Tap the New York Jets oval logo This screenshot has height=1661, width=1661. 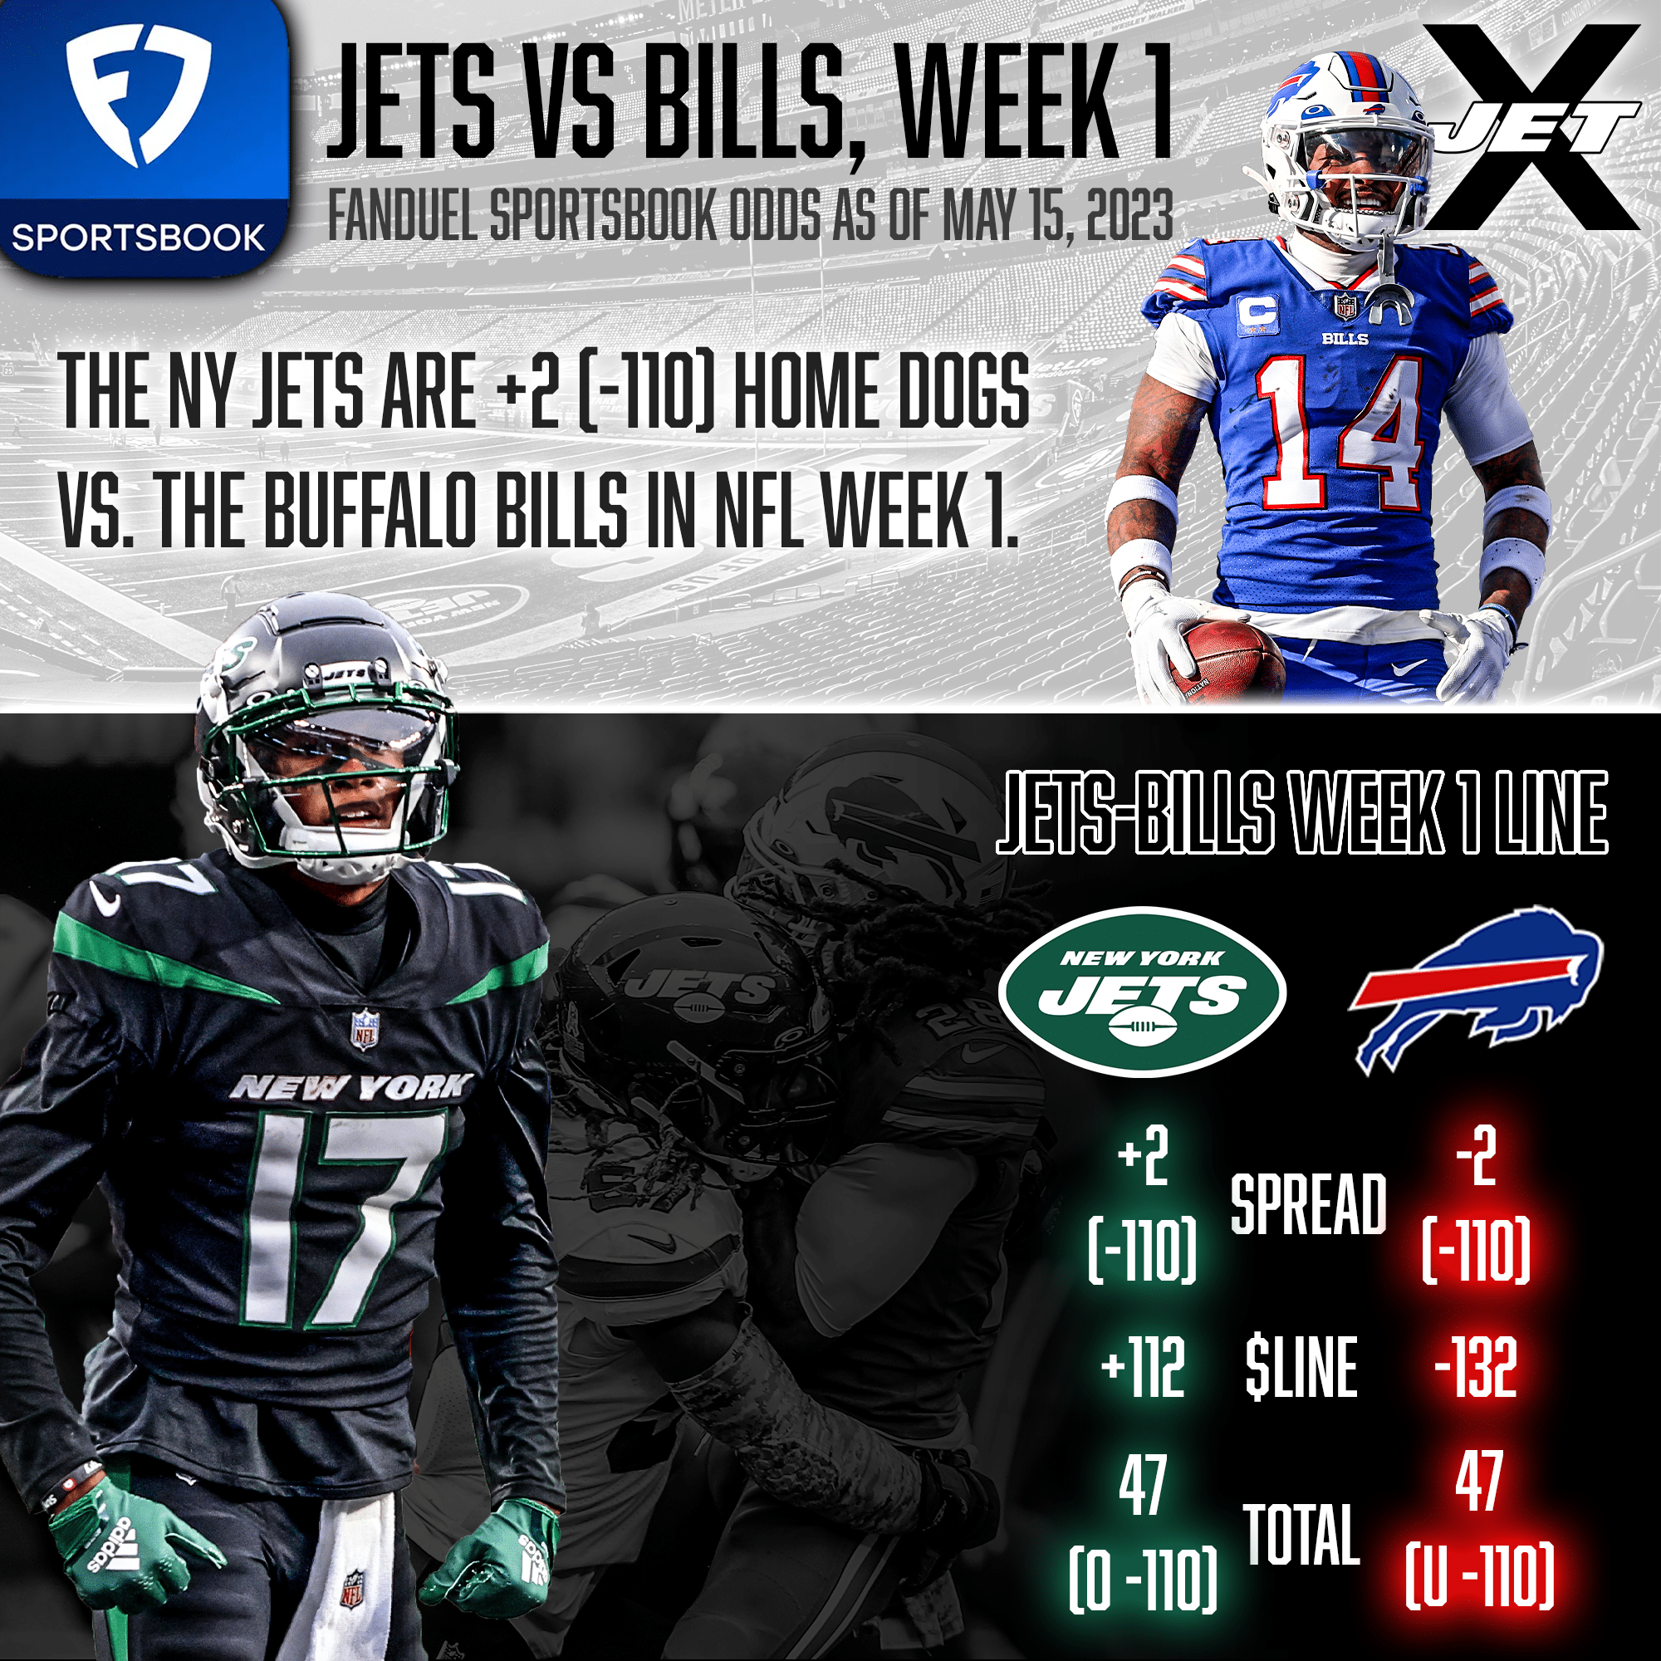point(1142,991)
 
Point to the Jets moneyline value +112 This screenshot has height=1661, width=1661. point(1142,1368)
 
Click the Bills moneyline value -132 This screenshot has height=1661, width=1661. point(1475,1368)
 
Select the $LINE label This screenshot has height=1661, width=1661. point(1301,1368)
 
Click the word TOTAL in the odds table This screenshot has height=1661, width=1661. point(1301,1536)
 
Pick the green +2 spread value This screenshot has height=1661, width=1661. point(1143,1157)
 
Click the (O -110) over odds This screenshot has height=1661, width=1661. point(1143,1580)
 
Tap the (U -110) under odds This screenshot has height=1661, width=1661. point(1479,1577)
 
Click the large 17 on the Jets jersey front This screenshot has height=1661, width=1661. point(344,1213)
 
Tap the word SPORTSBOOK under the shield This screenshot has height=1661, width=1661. point(138,238)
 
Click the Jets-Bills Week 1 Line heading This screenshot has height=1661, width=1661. point(1301,812)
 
